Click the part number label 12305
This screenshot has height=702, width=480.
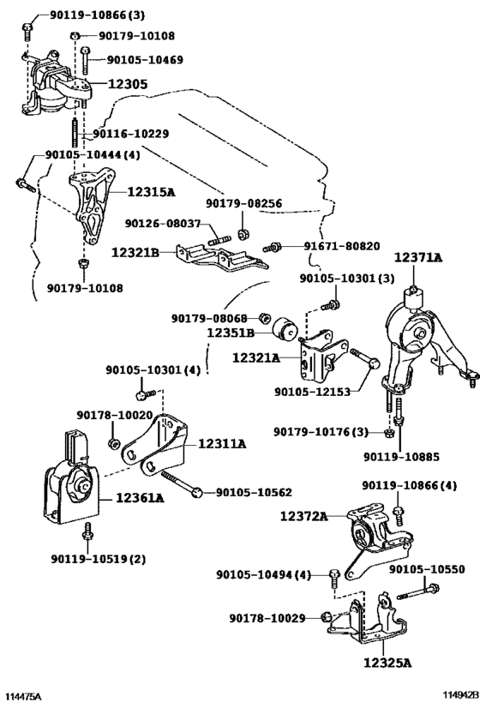point(127,84)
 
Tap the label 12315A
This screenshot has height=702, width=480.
point(152,192)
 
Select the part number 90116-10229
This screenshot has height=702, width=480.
point(131,134)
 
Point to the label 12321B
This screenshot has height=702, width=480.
point(135,253)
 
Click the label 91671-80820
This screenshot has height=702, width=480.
point(342,246)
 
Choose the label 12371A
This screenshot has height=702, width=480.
point(417,257)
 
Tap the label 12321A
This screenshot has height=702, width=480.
point(255,357)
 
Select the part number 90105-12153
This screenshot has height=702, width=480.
point(312,392)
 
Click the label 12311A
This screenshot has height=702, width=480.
point(222,444)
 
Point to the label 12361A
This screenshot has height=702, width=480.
point(141,497)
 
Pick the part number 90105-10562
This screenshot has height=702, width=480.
point(254,493)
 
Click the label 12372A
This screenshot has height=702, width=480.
point(304,516)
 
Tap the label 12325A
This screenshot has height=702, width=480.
point(387,663)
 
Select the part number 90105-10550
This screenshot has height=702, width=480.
point(427,568)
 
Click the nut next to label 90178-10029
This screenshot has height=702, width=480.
point(327,617)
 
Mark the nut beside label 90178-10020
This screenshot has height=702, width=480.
point(114,443)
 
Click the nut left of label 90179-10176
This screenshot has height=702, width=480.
point(389,433)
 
